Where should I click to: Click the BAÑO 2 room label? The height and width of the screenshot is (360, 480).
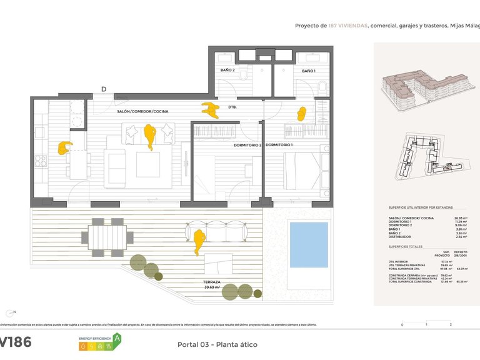coord(227,71)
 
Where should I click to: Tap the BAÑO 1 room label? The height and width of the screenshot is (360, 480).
coord(308,71)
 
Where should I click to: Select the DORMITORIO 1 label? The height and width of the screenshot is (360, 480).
coord(279,145)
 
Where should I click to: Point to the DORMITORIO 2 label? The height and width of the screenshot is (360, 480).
coord(247,145)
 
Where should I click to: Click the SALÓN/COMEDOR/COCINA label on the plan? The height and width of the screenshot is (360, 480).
coord(142,111)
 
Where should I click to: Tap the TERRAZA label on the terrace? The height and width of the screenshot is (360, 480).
coord(211,282)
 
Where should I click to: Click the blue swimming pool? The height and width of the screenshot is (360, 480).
coord(309,244)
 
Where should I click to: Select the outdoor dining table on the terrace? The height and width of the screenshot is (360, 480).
coord(107,237)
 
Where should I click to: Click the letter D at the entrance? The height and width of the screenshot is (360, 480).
coord(104,89)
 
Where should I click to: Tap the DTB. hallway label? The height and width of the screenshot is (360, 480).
coord(232,106)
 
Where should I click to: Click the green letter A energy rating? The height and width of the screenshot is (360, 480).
coord(116,339)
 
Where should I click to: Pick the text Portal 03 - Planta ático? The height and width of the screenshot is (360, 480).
coord(217,344)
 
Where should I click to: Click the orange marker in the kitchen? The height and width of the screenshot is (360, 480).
coord(64,147)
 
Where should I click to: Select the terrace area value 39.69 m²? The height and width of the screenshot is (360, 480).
coord(211,288)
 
